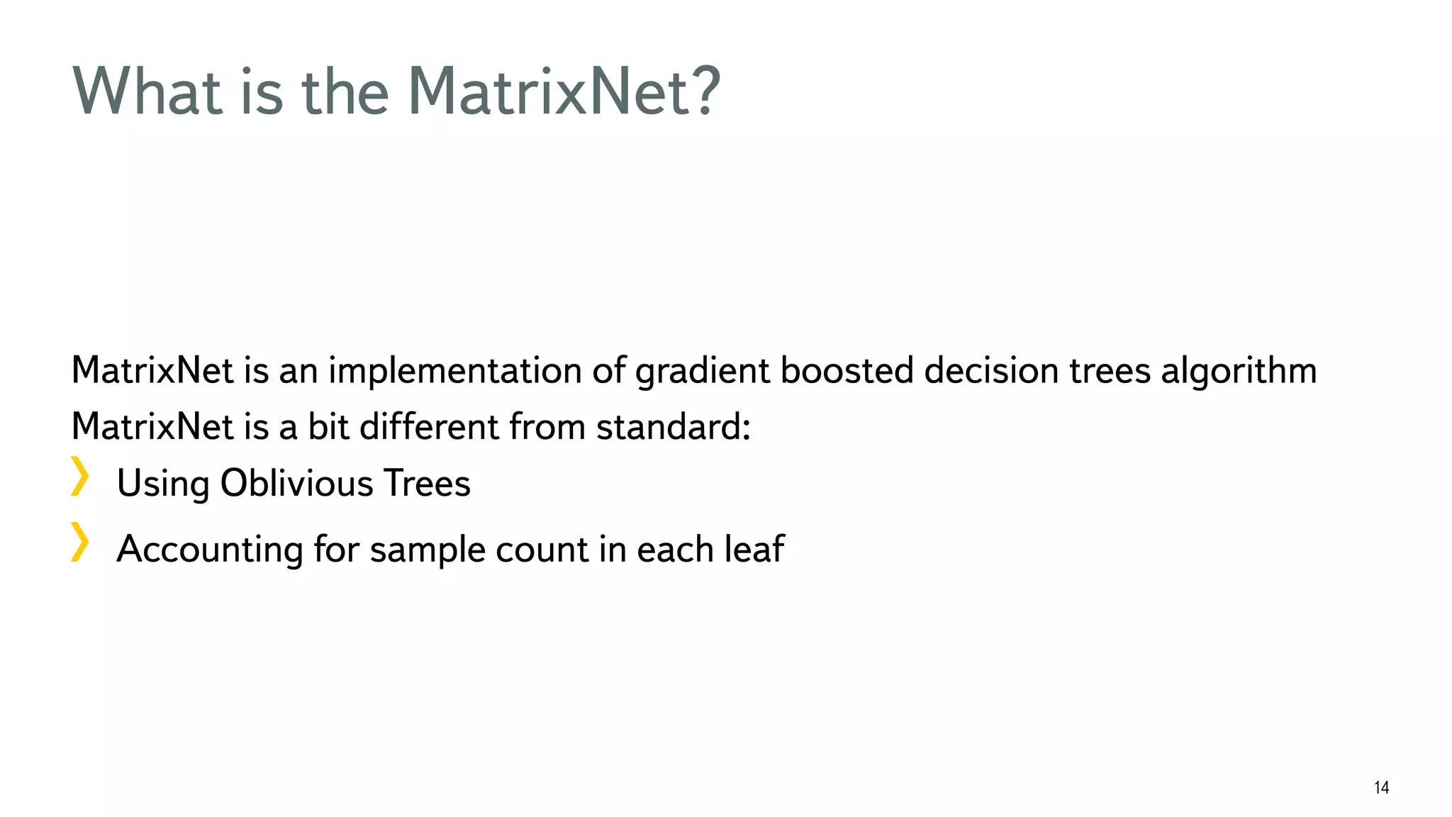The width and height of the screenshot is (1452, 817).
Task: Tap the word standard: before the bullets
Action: tap(673, 427)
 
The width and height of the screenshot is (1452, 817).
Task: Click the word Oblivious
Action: tap(296, 484)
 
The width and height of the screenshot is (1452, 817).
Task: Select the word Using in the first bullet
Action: tap(163, 485)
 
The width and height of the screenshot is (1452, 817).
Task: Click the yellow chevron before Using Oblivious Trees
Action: tap(80, 476)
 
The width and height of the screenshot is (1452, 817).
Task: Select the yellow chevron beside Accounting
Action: tap(80, 542)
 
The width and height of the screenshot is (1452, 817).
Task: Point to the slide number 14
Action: tap(1381, 787)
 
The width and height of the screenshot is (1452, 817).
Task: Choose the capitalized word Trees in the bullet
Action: tap(427, 484)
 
